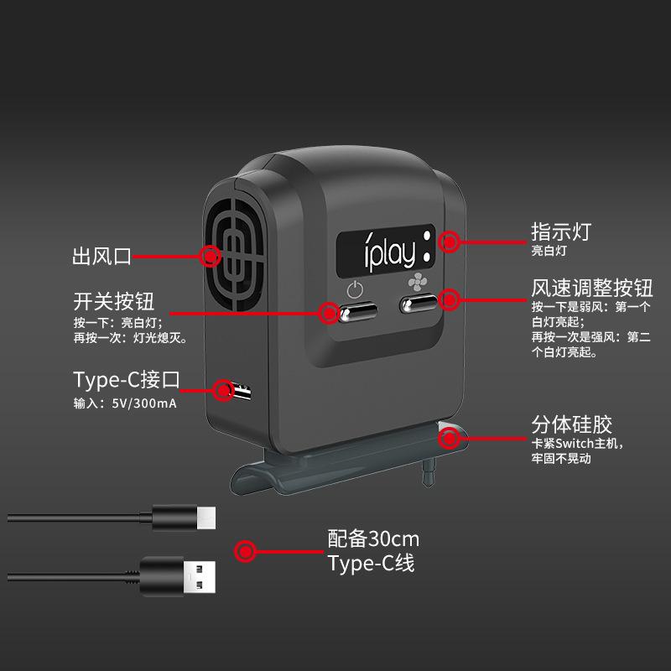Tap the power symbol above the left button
pos(356,290)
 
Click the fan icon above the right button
pos(417,283)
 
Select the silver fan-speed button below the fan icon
pos(419,304)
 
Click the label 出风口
pos(102,257)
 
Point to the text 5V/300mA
pos(144,403)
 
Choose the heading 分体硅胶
pos(571,423)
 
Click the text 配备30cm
pos(373,538)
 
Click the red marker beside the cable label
pos(246,551)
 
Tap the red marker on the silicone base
pos(450,437)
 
